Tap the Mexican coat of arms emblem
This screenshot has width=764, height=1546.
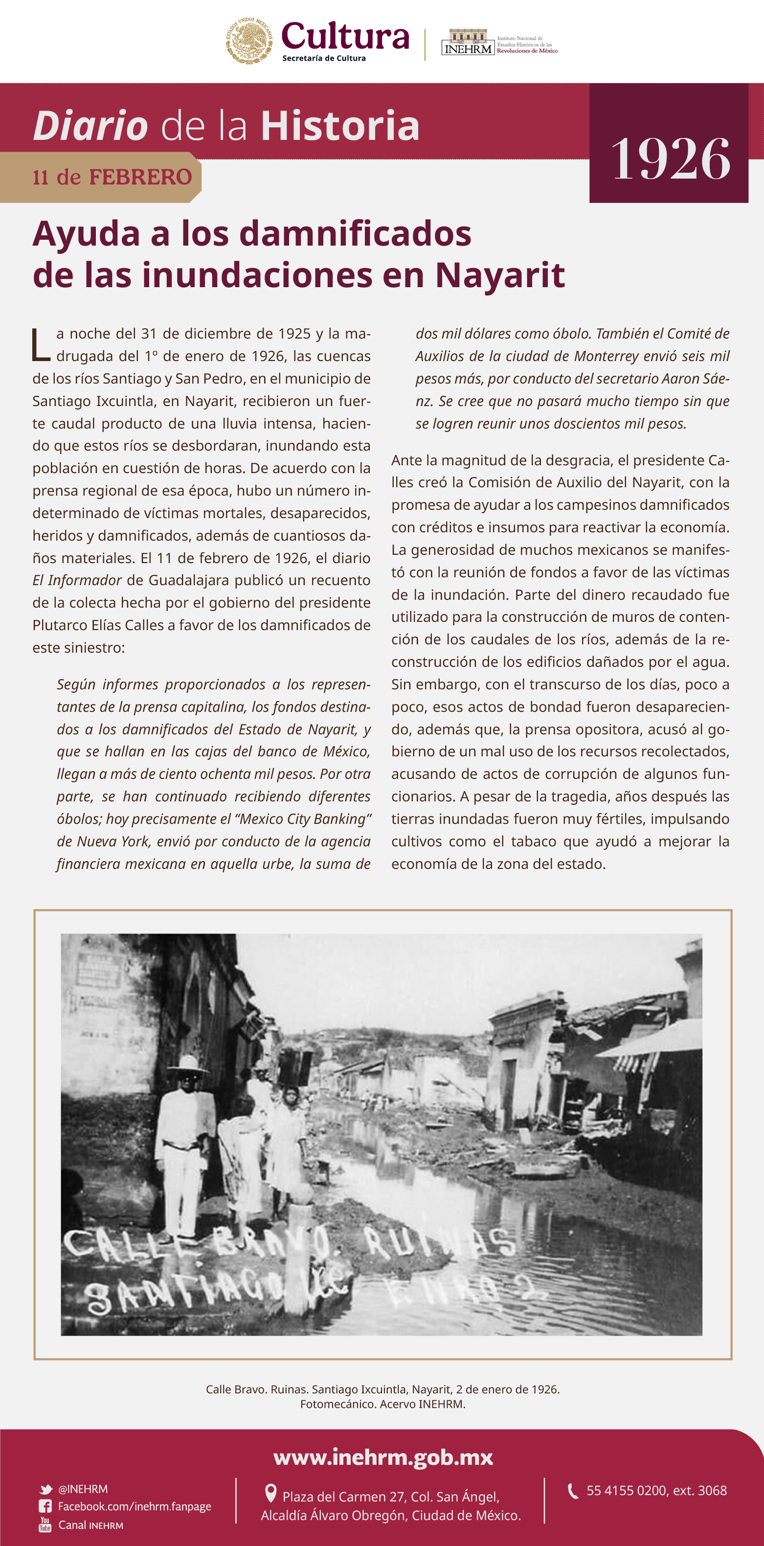(x=249, y=41)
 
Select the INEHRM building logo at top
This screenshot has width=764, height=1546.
(x=468, y=42)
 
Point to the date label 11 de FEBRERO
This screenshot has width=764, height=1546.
(x=112, y=178)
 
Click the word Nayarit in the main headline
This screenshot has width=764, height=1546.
(x=499, y=275)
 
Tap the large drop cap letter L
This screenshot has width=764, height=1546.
(x=41, y=345)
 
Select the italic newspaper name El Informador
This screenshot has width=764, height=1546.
(x=77, y=580)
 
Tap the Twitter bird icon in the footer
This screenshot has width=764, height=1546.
(x=45, y=1489)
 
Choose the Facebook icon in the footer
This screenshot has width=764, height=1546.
(x=45, y=1506)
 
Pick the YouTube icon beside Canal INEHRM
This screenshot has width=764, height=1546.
(x=45, y=1524)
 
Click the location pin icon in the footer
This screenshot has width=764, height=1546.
(x=270, y=1493)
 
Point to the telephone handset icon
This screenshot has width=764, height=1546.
(x=573, y=1491)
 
